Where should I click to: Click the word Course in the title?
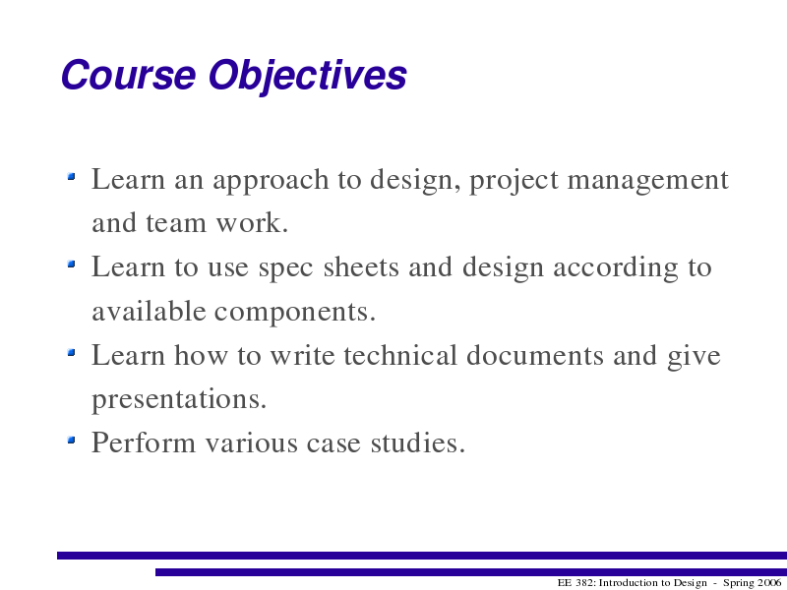(x=128, y=75)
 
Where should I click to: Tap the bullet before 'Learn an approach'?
(x=71, y=176)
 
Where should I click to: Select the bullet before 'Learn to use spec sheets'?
(x=71, y=264)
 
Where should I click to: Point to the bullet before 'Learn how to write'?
(x=71, y=352)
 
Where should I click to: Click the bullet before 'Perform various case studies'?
(x=71, y=440)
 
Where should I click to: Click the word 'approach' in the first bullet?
(x=271, y=182)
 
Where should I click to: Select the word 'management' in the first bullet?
(x=647, y=182)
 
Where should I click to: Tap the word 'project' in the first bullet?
(x=514, y=182)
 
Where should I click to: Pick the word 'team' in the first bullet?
(x=176, y=223)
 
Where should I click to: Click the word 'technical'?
(x=400, y=355)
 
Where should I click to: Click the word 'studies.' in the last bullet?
(x=417, y=442)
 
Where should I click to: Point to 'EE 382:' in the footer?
(x=576, y=583)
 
